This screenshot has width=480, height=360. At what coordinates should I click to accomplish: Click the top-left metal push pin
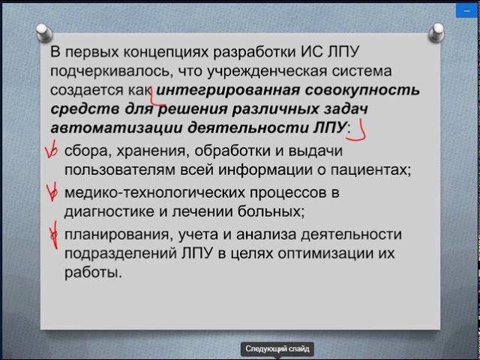44,32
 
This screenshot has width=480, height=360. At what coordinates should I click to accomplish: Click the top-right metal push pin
436,32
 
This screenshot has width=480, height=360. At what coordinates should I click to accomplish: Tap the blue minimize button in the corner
467,10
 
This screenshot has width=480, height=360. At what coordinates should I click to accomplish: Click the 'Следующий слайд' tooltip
277,349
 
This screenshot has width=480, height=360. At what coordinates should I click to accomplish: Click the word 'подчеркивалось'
109,72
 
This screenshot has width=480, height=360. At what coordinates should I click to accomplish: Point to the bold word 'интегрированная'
226,91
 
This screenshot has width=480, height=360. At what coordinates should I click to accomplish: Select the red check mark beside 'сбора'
52,151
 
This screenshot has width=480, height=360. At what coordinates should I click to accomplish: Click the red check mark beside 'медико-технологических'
52,193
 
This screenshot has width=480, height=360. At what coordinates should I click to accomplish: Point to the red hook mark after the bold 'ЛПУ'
358,132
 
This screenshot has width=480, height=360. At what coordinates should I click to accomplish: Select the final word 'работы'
93,273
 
